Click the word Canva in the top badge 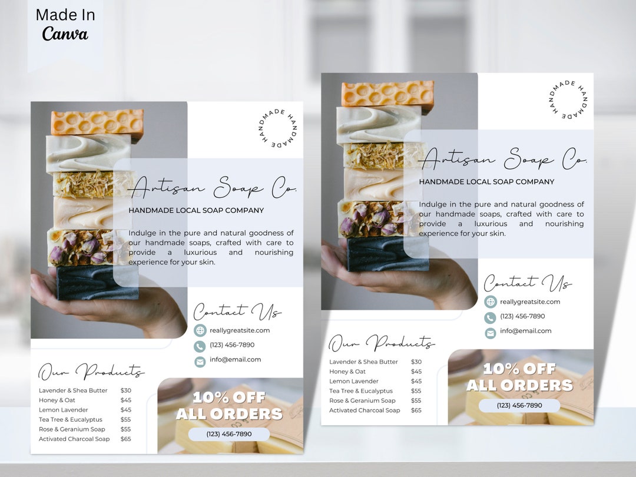65,34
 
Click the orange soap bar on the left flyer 97,123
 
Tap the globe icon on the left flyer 200,330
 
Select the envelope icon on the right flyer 491,333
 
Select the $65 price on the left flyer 126,439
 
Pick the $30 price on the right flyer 416,362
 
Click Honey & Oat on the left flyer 57,400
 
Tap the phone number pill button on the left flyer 229,434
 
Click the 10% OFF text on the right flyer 519,369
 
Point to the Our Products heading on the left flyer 91,372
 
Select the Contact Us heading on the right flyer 527,283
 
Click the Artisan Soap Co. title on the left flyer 213,188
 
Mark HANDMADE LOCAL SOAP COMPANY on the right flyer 486,182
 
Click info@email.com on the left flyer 236,359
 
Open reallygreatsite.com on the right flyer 530,302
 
